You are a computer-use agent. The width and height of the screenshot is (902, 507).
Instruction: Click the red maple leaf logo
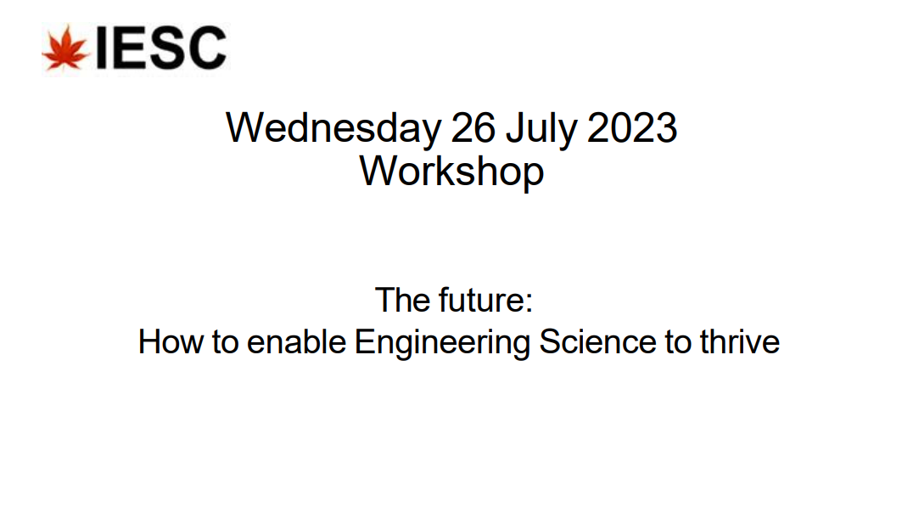tap(65, 48)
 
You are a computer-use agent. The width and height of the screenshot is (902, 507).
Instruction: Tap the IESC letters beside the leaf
tap(161, 48)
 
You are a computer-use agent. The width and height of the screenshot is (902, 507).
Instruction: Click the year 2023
tap(632, 128)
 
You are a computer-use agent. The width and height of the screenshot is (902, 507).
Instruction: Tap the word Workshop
tap(451, 171)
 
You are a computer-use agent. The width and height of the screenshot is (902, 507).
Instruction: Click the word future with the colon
tap(485, 301)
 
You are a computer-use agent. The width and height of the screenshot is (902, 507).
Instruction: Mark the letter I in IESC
tap(100, 48)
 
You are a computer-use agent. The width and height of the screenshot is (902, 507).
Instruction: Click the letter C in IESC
tap(206, 48)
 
